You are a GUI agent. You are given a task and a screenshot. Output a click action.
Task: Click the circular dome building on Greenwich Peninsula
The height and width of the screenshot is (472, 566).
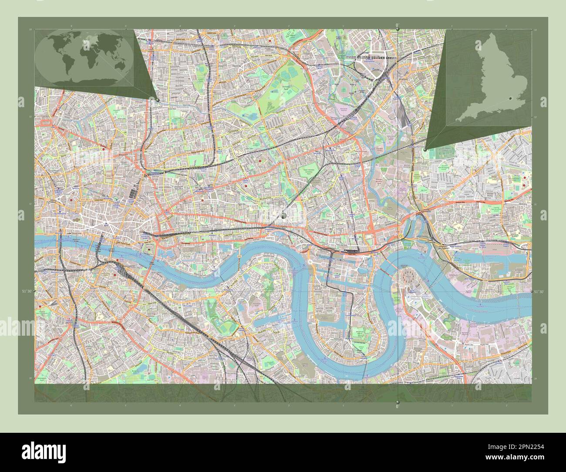(410, 275)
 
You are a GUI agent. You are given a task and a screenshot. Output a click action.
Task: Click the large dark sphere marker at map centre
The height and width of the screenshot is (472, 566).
(284, 215)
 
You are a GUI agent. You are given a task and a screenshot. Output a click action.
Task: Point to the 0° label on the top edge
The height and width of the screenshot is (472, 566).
(398, 24)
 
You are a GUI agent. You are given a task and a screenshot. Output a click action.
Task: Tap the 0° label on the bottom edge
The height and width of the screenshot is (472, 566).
(398, 406)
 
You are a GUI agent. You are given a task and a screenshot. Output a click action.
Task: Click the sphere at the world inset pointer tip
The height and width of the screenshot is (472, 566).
(157, 100)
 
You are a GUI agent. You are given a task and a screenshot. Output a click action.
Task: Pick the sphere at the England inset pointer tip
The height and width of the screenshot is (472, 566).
(425, 149)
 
